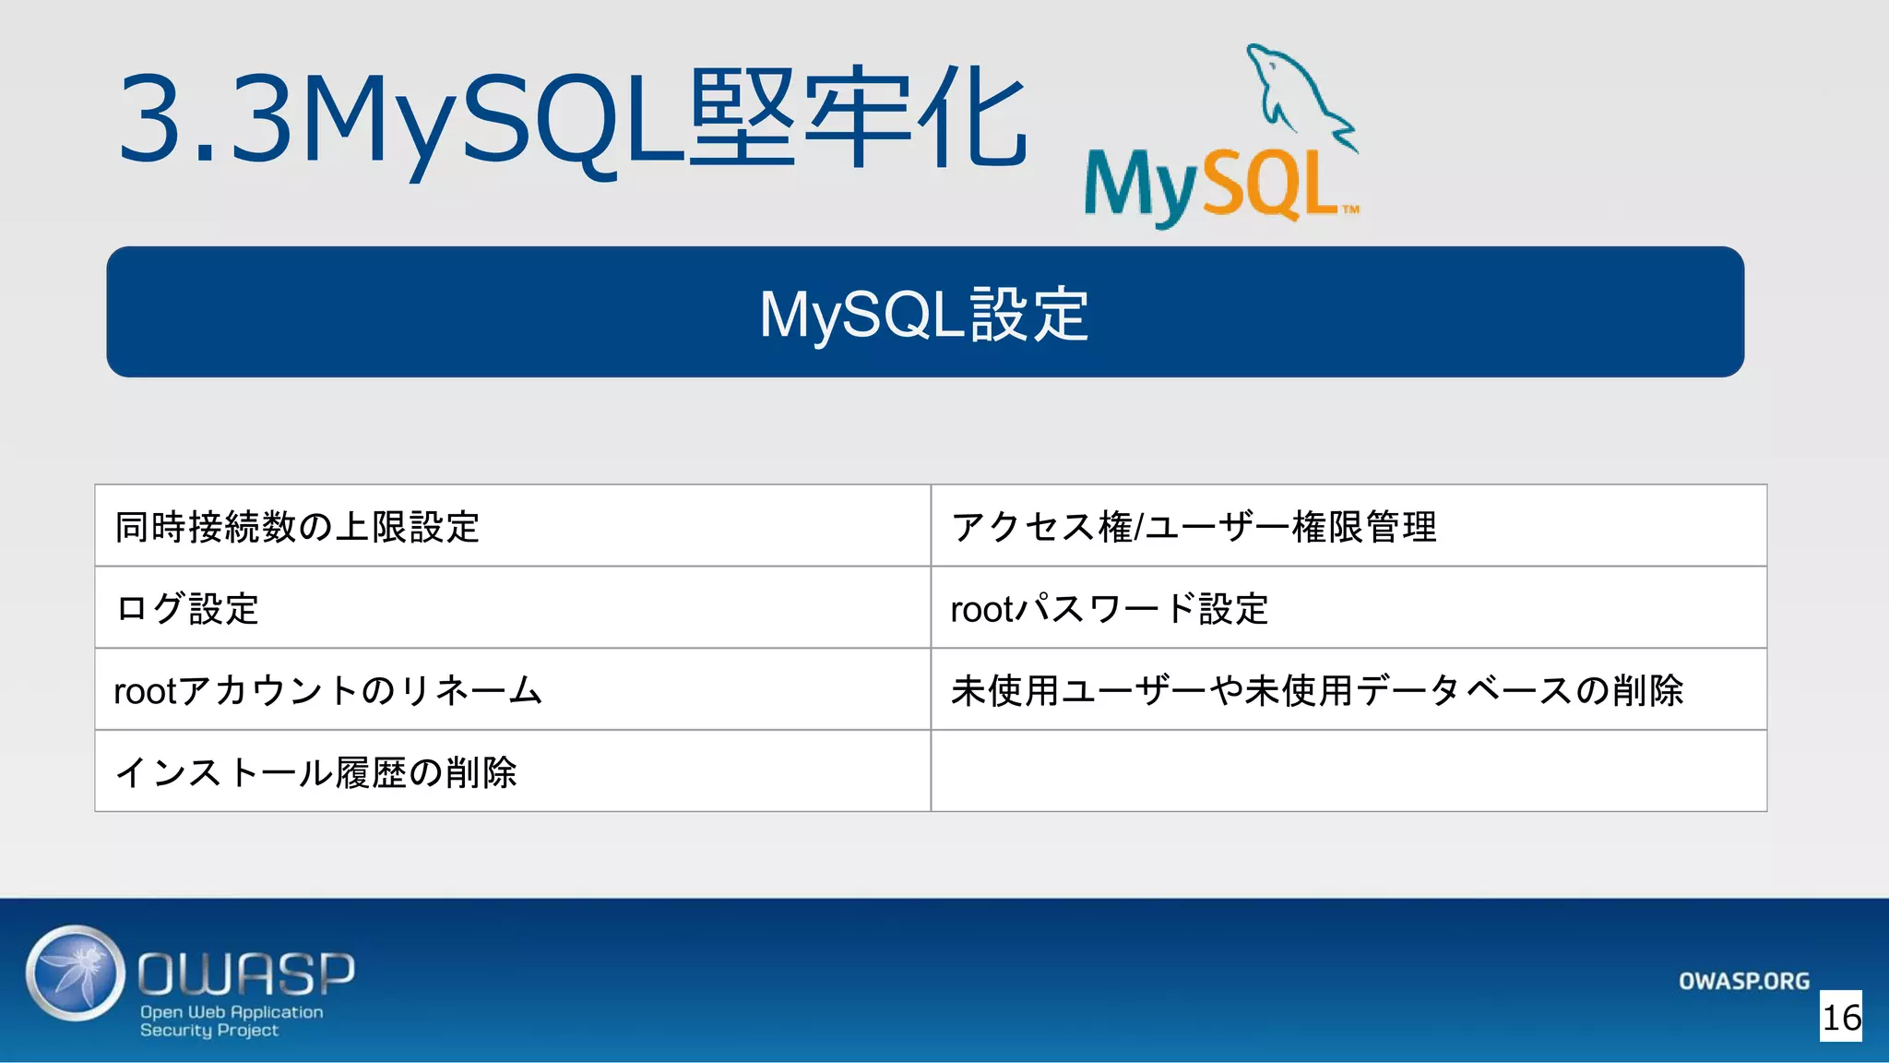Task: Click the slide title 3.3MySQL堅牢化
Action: (572, 120)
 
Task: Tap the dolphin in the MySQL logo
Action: (1296, 92)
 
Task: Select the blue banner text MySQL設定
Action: (924, 314)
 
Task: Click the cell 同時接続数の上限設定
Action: (297, 526)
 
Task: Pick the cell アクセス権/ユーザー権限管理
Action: (1194, 526)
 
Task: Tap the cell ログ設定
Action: (186, 608)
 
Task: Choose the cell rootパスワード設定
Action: (1110, 608)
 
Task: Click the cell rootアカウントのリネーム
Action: (327, 690)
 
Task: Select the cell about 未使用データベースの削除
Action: (1317, 690)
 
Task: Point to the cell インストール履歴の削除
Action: (315, 772)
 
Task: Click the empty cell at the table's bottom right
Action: (1348, 771)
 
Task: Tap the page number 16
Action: (1841, 1017)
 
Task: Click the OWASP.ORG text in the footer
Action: (1743, 981)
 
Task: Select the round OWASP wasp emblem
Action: (76, 973)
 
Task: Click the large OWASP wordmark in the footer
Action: (246, 973)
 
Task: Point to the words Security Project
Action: (208, 1030)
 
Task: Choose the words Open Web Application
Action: (232, 1011)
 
